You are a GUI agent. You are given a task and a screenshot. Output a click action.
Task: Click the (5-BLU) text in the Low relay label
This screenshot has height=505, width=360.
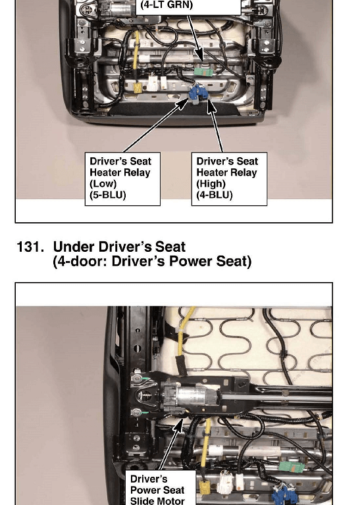pos(108,195)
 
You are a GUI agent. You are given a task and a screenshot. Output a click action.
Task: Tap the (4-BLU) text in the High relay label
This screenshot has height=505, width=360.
pos(215,195)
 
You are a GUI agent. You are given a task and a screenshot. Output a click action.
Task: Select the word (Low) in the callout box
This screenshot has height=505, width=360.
pos(103,183)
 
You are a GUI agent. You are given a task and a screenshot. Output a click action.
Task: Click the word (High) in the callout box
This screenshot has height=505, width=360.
pos(211,183)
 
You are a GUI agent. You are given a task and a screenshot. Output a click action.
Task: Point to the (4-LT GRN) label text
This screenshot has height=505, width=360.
pos(167,5)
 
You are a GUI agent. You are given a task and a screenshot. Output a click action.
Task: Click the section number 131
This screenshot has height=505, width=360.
pos(30,247)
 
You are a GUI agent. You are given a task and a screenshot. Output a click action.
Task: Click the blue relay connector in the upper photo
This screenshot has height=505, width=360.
pos(197,93)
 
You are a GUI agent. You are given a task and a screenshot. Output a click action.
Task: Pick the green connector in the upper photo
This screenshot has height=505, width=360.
pos(204,71)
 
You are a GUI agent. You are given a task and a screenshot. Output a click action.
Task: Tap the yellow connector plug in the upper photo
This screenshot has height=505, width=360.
pos(138,87)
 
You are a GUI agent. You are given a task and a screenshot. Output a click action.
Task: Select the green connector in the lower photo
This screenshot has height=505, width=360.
pos(292,467)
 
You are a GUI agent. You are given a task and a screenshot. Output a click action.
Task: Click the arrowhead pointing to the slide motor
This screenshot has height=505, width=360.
pos(178,425)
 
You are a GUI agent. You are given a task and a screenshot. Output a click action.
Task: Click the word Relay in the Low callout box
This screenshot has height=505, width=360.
pos(137,173)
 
